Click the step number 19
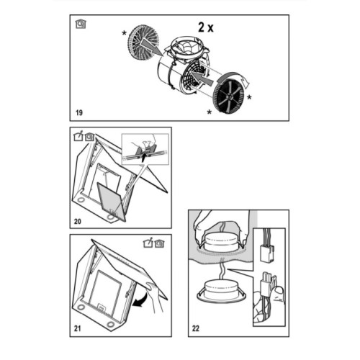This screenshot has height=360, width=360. pos(79,112)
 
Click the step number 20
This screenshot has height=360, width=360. pos(78,221)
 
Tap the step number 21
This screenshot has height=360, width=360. pos(77,328)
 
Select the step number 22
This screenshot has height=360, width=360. pos(196,328)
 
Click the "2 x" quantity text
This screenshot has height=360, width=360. pos(206,27)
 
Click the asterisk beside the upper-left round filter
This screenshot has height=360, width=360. pos(124,33)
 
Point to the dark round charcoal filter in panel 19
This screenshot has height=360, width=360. pos(228,96)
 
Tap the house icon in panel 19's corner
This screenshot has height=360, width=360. pos(81,24)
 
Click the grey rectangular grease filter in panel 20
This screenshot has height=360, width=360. pos(111,201)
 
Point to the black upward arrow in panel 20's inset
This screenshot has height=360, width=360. pos(143,158)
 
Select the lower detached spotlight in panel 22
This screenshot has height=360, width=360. pos(221,292)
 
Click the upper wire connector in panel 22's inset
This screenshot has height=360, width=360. pos(267,253)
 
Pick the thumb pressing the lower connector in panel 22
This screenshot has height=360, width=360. pos(279,293)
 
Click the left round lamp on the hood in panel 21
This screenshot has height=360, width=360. pos(81,307)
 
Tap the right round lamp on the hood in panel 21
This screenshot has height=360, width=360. pos(111,325)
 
